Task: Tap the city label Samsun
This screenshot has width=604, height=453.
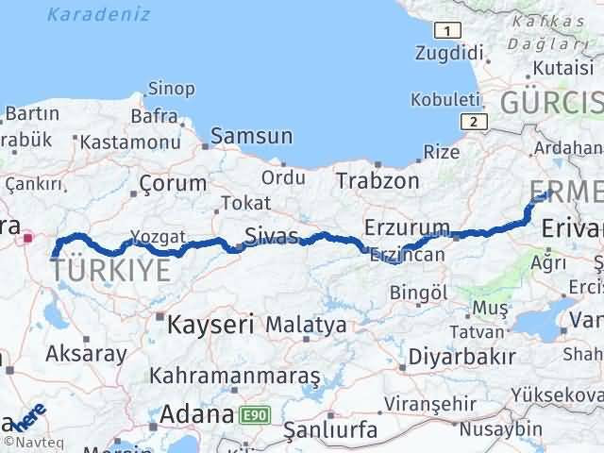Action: pyautogui.click(x=251, y=136)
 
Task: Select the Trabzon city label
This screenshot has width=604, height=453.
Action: pyautogui.click(x=377, y=179)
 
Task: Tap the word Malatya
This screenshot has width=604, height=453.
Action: pyautogui.click(x=306, y=325)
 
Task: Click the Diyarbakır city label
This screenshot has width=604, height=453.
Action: pyautogui.click(x=461, y=357)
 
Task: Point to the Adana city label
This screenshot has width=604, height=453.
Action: pyautogui.click(x=196, y=413)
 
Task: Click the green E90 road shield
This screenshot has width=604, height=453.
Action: pyautogui.click(x=253, y=414)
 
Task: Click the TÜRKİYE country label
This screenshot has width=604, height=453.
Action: pyautogui.click(x=110, y=270)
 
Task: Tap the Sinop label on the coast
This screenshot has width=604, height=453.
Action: pyautogui.click(x=173, y=89)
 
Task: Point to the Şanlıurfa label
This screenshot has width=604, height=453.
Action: pyautogui.click(x=331, y=430)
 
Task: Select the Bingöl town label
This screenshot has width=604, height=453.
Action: pyautogui.click(x=417, y=293)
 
